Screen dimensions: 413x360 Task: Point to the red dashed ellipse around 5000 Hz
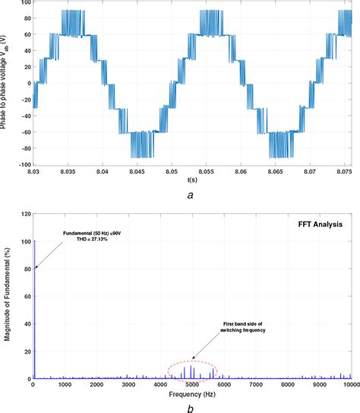(192, 369)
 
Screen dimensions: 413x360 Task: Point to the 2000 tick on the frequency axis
(96, 386)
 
